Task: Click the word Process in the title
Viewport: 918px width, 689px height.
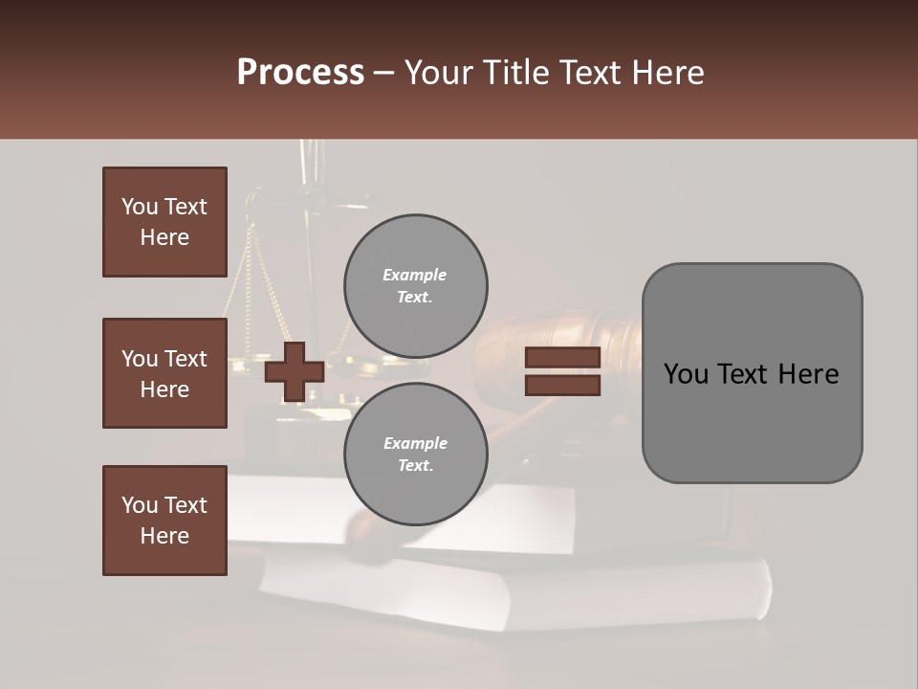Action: pos(300,73)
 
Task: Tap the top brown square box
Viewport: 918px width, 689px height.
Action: pos(164,222)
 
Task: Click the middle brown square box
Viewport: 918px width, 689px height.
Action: pos(164,373)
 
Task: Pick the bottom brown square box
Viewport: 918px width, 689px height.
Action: pos(164,521)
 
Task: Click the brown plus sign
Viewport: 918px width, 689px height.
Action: pos(294,372)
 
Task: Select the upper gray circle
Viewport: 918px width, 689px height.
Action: pos(415,285)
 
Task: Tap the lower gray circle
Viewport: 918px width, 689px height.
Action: pos(415,454)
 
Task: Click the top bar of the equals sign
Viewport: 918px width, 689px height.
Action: pos(562,358)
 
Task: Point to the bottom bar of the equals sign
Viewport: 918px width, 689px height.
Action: pos(562,385)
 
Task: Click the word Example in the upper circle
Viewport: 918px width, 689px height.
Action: pos(415,275)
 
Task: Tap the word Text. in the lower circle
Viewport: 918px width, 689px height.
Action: pos(415,466)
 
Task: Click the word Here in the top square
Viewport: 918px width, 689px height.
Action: pos(164,237)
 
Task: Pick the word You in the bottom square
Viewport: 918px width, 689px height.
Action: pos(140,505)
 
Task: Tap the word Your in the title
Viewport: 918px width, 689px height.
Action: pos(438,73)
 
